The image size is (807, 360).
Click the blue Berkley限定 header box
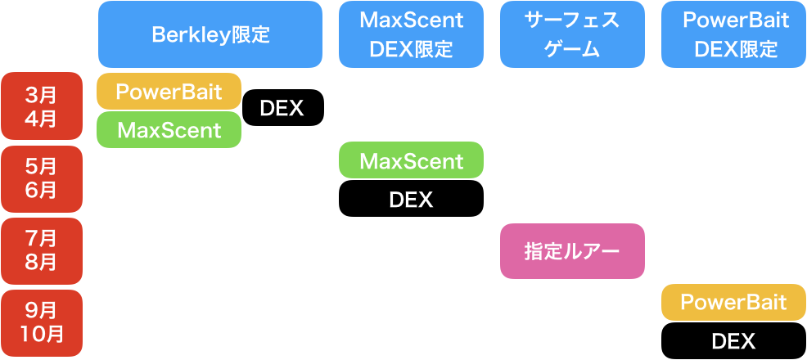(210, 34)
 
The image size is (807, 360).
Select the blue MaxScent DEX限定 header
(411, 34)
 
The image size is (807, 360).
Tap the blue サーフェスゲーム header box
(571, 34)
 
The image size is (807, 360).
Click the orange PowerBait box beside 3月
(169, 92)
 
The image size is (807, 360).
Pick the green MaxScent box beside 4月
(169, 129)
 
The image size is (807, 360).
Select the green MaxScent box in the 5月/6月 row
(411, 160)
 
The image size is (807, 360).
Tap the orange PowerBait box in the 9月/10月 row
(733, 303)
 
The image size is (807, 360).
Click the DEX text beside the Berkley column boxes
(282, 109)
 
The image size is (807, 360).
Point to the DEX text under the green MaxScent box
(411, 200)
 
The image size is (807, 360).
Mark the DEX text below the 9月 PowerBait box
(733, 341)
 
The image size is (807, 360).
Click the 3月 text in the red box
(41, 93)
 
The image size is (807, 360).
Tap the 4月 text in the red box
(41, 119)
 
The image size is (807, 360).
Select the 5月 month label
(41, 166)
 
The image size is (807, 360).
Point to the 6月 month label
(41, 191)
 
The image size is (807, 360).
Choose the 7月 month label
(41, 238)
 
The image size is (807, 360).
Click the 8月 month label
(41, 263)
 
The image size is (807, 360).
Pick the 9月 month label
(41, 310)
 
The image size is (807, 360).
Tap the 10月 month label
(41, 334)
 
